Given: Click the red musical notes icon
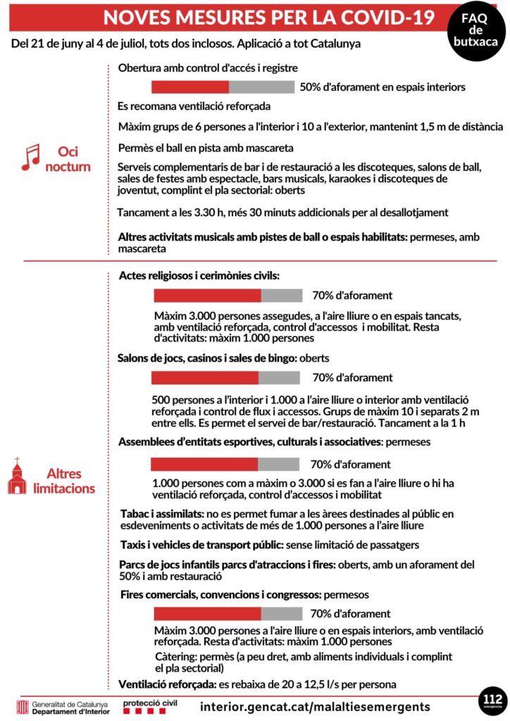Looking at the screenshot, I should tap(30, 158).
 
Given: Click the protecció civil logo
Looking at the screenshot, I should tap(150, 706).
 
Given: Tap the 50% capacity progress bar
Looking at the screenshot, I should tap(223, 87).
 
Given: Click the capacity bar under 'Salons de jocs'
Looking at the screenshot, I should tap(227, 377).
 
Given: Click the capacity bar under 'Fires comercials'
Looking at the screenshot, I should tap(228, 613).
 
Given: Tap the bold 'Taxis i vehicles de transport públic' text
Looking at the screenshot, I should tap(201, 544).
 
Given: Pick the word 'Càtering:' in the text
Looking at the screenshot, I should tap(178, 656).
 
